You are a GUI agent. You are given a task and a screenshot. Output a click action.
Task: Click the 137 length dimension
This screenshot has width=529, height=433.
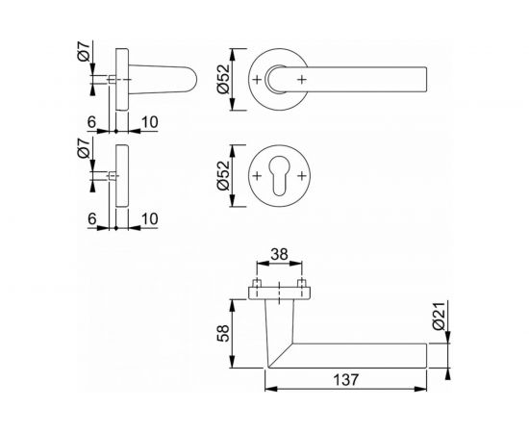(345, 379)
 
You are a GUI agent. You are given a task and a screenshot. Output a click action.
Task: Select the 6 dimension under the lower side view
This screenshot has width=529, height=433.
(93, 219)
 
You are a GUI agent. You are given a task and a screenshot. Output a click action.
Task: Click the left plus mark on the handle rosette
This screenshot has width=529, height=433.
(258, 76)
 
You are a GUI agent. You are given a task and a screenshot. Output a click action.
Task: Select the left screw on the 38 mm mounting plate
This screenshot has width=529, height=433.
(258, 286)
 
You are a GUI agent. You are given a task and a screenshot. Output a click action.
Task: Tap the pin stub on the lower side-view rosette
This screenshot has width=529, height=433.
(113, 176)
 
